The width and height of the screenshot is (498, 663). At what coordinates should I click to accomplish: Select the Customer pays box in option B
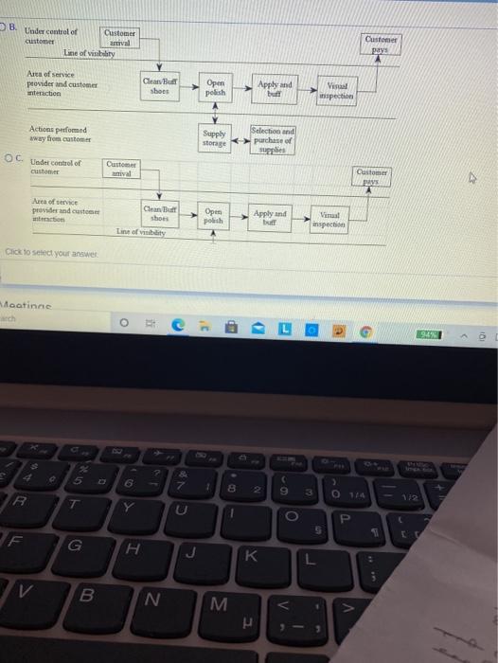tap(381, 45)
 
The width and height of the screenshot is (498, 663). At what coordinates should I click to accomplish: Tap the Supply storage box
tap(215, 138)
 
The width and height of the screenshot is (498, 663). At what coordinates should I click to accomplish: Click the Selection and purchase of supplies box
tap(274, 138)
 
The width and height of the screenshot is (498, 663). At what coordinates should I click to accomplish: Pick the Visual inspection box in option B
tap(337, 91)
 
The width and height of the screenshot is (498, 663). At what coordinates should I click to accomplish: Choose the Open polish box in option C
tap(213, 214)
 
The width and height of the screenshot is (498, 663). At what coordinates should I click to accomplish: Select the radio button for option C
tap(7, 160)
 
